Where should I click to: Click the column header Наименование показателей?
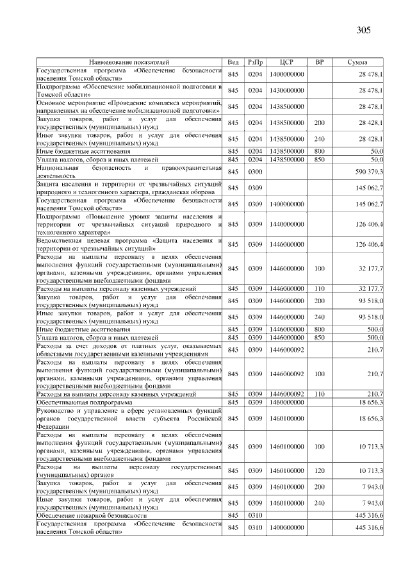129,62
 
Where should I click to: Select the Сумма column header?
357,62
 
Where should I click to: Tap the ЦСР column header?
286,62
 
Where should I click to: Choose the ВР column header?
320,62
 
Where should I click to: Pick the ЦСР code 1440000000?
286,224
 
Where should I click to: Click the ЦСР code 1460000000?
286,402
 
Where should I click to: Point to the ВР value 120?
320,471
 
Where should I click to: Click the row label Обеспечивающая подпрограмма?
84,402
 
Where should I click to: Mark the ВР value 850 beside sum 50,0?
320,158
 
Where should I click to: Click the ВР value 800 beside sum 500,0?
320,329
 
